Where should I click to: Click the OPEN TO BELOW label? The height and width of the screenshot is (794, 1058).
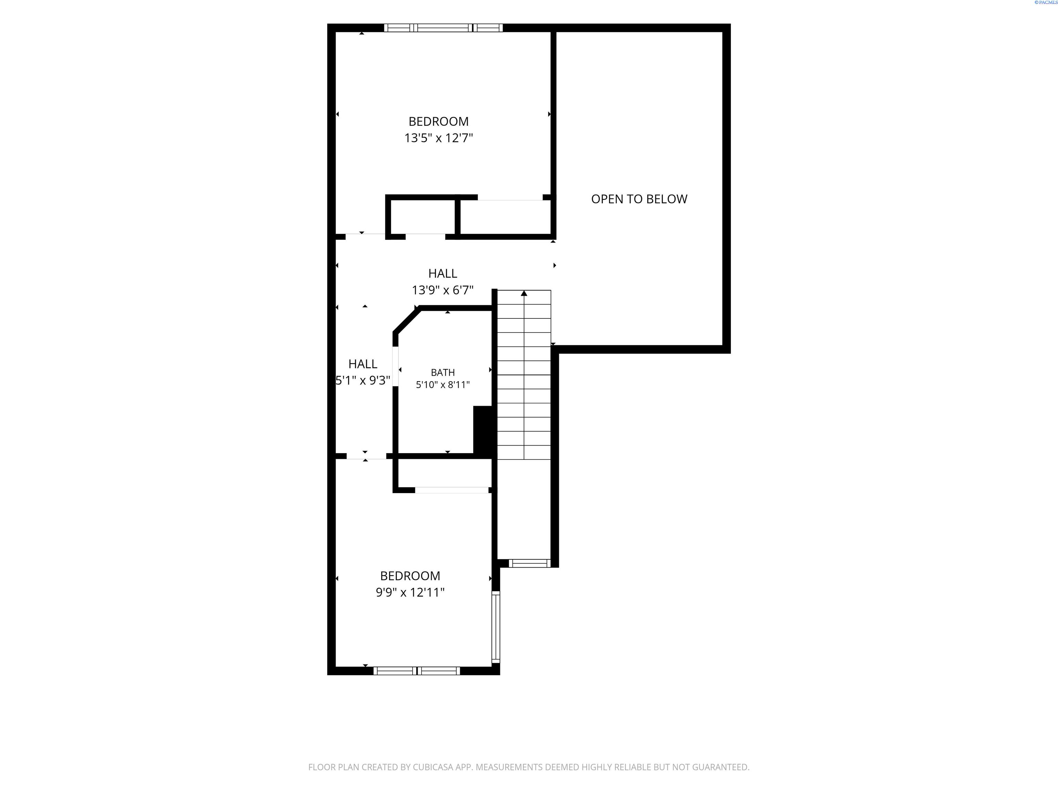pos(639,199)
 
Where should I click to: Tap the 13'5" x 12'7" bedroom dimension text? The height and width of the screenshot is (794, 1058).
pos(439,138)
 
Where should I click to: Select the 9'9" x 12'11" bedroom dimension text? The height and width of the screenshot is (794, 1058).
pos(410,592)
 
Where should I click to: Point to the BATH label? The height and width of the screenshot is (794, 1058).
pos(443,372)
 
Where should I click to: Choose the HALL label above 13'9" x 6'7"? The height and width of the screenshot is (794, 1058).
pos(443,273)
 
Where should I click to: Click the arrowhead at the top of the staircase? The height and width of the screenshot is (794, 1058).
pos(524,293)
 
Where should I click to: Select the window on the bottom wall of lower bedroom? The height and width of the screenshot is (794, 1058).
pos(417,671)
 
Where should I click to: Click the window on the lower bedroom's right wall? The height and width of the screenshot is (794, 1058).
pos(496,627)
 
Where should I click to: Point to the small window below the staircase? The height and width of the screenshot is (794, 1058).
pos(529,563)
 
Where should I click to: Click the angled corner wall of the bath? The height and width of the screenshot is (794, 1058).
pos(406,320)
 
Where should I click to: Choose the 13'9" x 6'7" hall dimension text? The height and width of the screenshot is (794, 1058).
pos(443,290)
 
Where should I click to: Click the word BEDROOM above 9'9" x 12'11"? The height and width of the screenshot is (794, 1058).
pos(410,576)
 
